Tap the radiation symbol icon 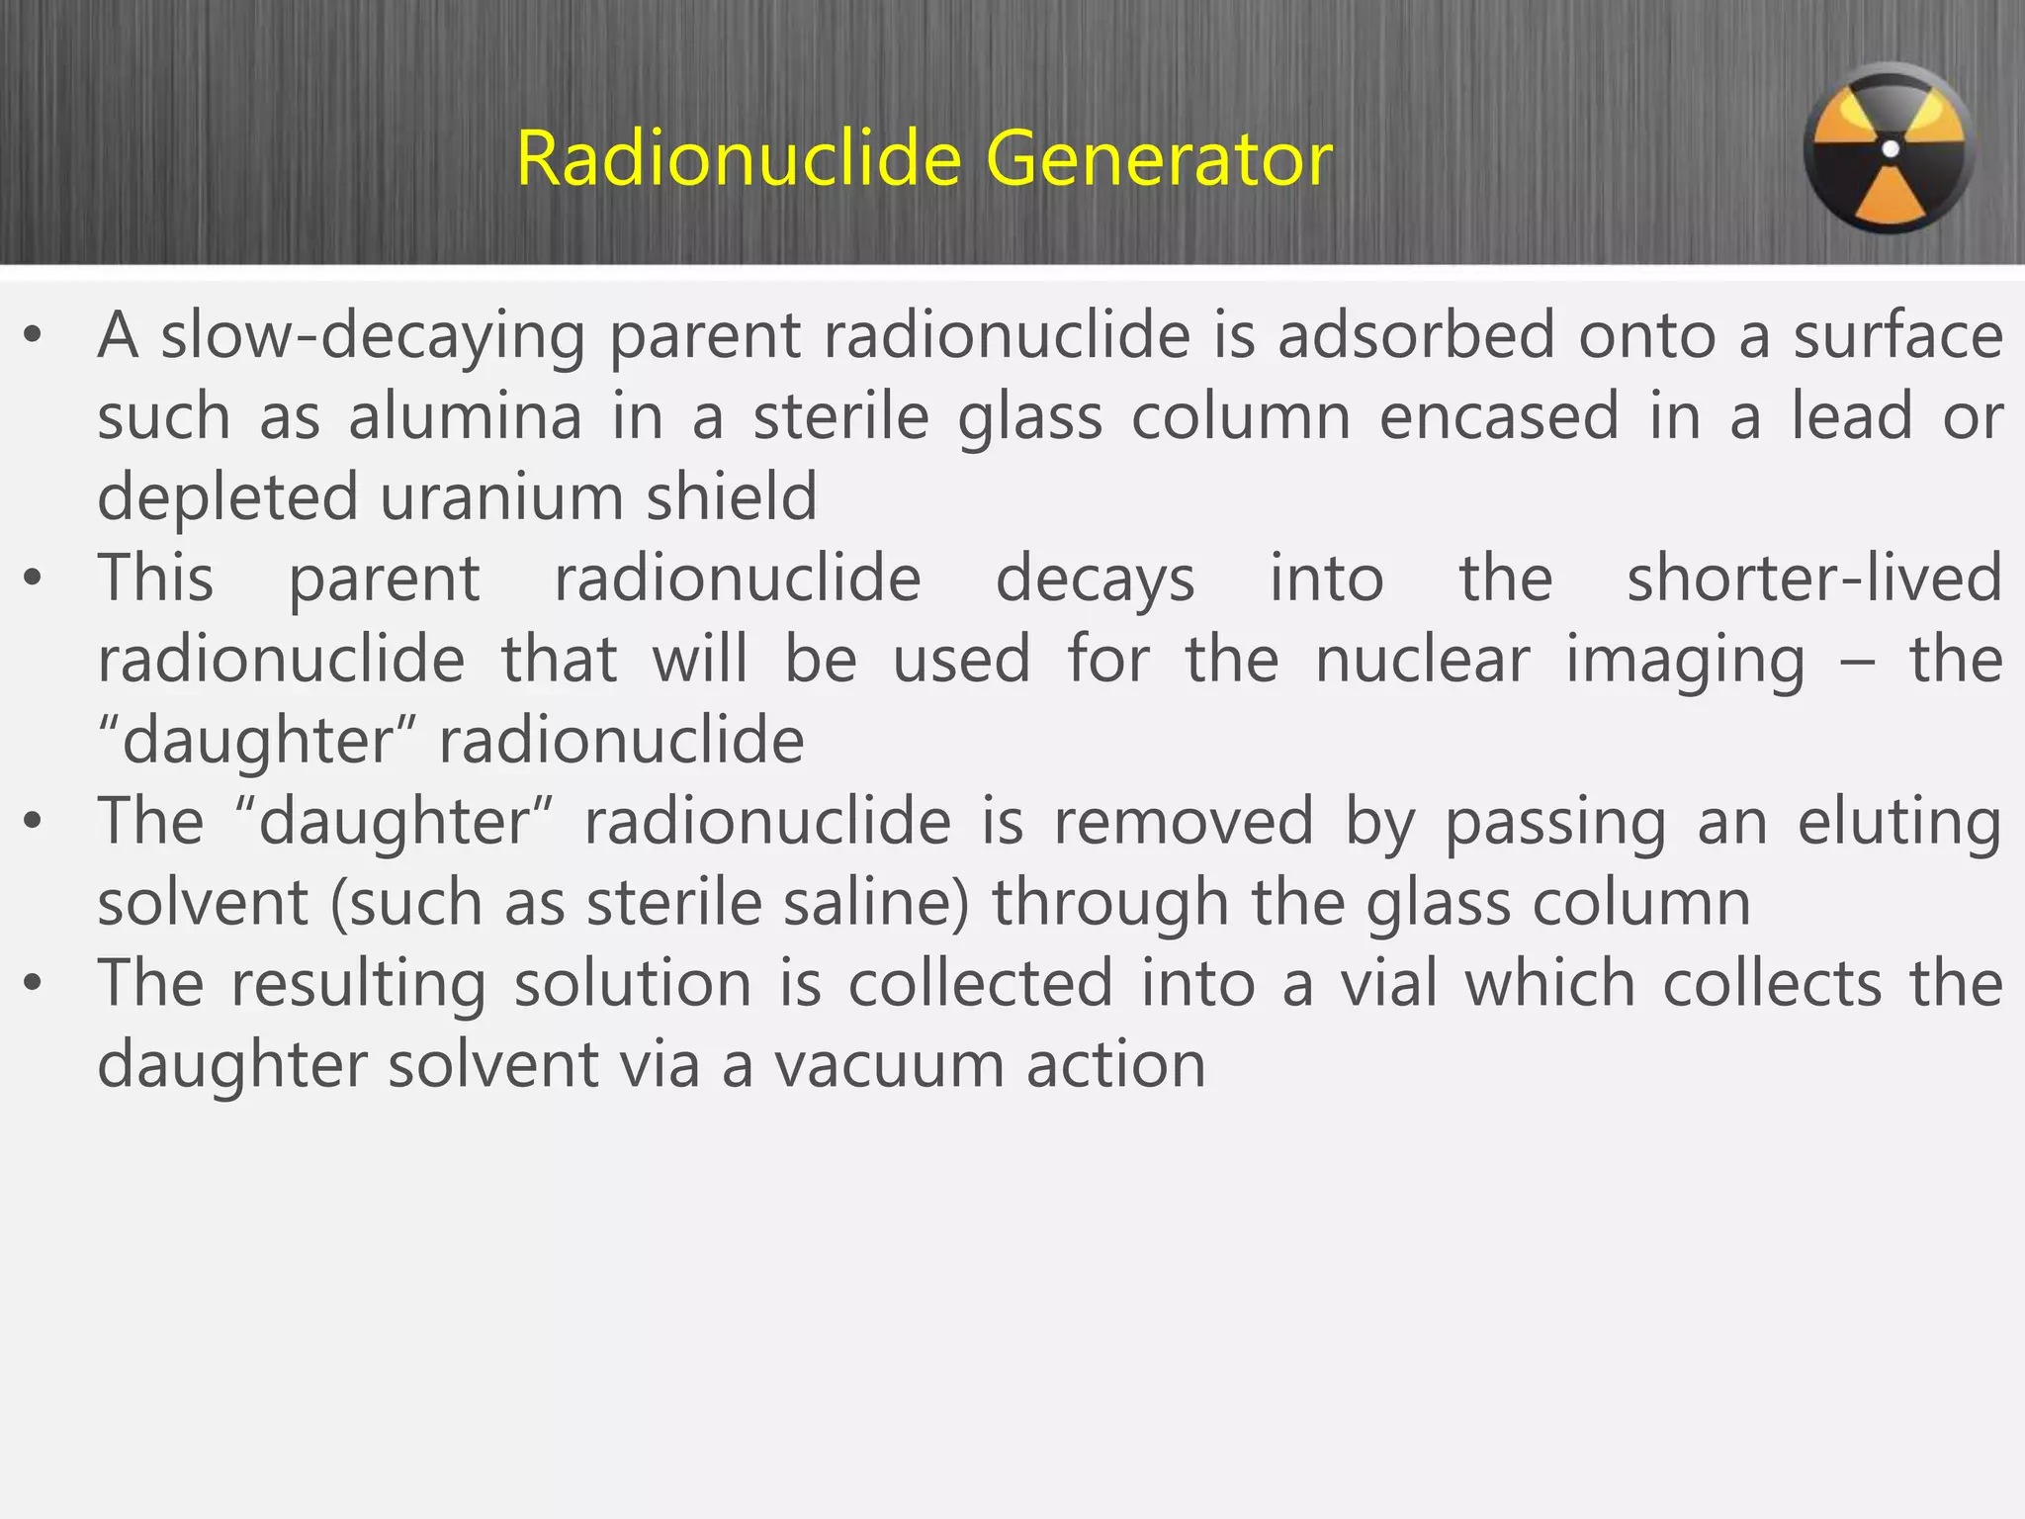point(1890,149)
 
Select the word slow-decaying point(373,337)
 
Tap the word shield point(732,497)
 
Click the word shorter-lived point(1814,579)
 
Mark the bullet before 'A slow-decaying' point(34,336)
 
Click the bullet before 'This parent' point(34,580)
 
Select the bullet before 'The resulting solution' point(34,985)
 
